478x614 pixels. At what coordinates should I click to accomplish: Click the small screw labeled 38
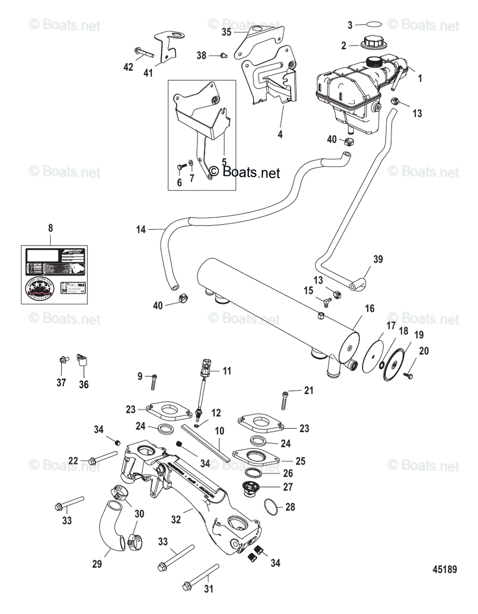(223, 55)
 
